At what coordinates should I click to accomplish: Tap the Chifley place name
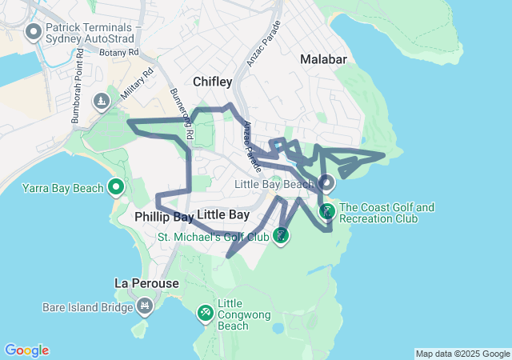pyautogui.click(x=213, y=82)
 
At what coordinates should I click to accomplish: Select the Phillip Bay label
pyautogui.click(x=164, y=216)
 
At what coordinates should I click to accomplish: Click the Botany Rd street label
pyautogui.click(x=121, y=52)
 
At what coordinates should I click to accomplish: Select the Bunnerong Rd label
pyautogui.click(x=182, y=115)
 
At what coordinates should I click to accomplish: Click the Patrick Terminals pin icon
pyautogui.click(x=34, y=32)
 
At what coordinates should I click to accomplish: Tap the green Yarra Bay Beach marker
pyautogui.click(x=116, y=188)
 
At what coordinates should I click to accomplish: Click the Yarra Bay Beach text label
pyautogui.click(x=63, y=189)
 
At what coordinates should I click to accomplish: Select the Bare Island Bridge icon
pyautogui.click(x=144, y=305)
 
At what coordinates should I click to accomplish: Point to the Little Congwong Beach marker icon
pyautogui.click(x=206, y=311)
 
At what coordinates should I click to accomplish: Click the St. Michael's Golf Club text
pyautogui.click(x=213, y=237)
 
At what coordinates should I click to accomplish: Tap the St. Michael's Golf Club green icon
pyautogui.click(x=280, y=235)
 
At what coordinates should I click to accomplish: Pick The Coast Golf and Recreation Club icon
pyautogui.click(x=327, y=211)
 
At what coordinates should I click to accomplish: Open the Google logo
pyautogui.click(x=26, y=350)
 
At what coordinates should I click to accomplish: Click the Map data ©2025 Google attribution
pyautogui.click(x=462, y=354)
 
